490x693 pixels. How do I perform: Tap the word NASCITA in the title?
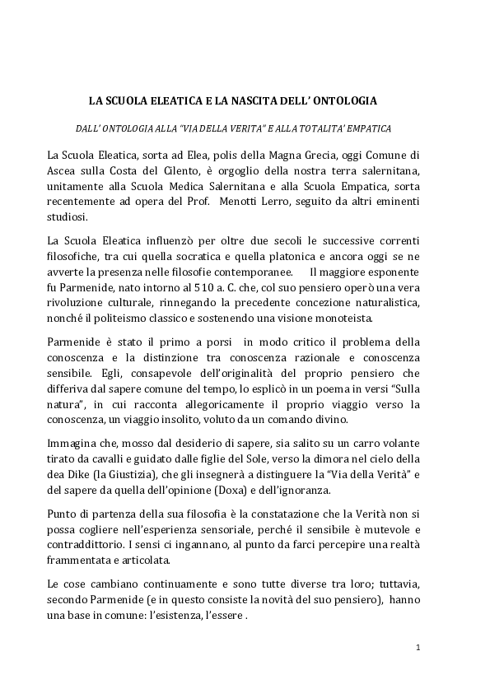tap(275, 101)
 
